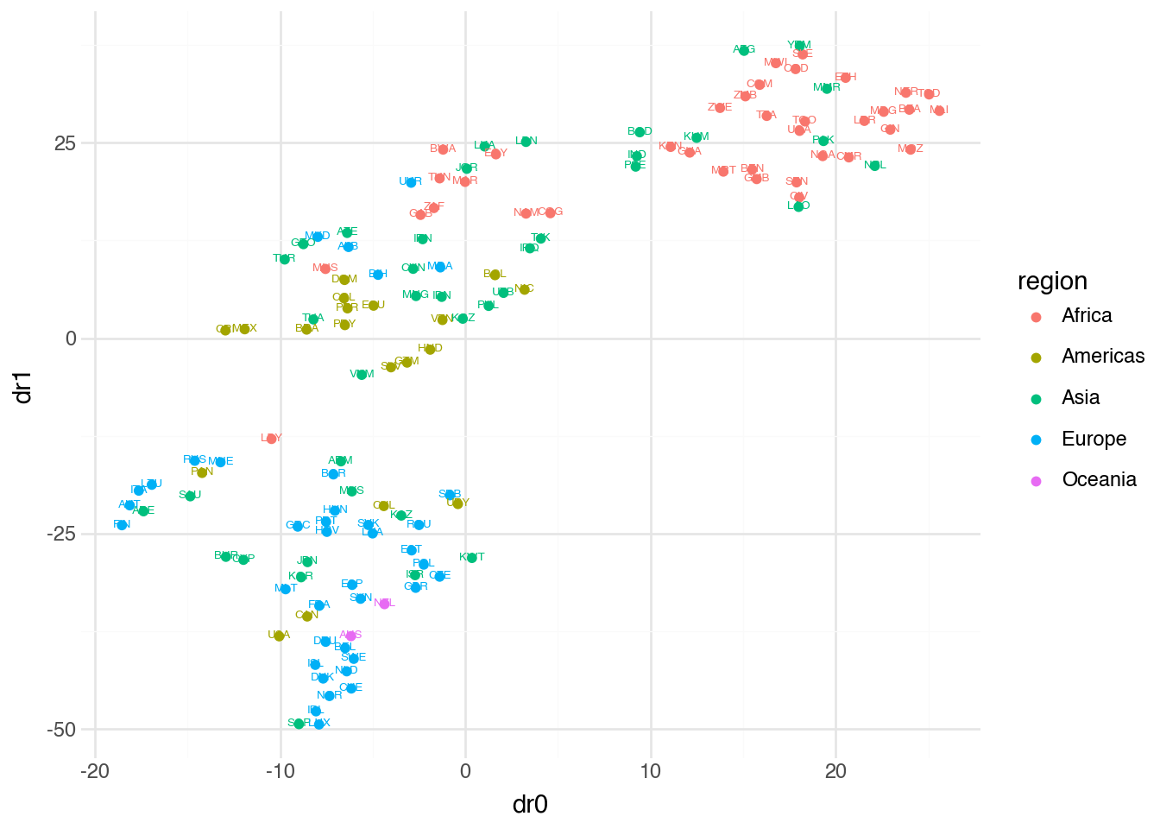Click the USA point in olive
click(279, 636)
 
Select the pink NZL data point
click(385, 603)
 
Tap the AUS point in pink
click(350, 636)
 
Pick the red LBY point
click(272, 439)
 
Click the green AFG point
click(744, 50)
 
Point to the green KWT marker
click(472, 558)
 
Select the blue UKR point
click(411, 182)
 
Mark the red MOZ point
click(911, 149)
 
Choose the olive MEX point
click(244, 329)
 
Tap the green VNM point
click(362, 375)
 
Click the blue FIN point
click(122, 525)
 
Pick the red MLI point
click(940, 111)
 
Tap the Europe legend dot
click(1037, 440)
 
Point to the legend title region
click(1052, 282)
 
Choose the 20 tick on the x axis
click(835, 772)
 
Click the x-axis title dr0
click(530, 805)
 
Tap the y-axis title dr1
click(23, 388)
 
